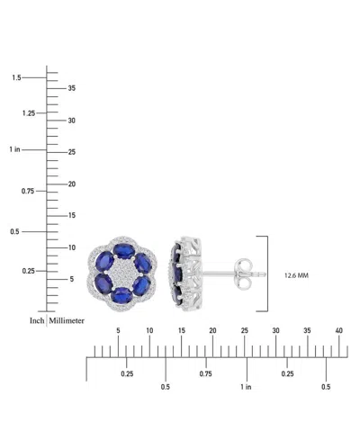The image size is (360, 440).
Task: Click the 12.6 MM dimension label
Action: (x=295, y=274)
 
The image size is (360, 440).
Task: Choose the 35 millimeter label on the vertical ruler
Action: (x=73, y=88)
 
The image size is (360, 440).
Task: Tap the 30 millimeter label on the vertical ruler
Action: (x=73, y=120)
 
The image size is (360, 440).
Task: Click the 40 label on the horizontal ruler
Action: (x=339, y=331)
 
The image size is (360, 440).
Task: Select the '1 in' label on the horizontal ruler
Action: (x=246, y=387)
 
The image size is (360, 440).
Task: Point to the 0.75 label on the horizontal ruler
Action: (x=206, y=373)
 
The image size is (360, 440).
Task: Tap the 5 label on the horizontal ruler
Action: (x=118, y=331)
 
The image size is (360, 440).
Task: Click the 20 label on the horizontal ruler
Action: (x=212, y=331)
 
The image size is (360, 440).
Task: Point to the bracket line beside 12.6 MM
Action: (x=267, y=273)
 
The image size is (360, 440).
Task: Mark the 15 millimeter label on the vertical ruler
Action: (x=73, y=215)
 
